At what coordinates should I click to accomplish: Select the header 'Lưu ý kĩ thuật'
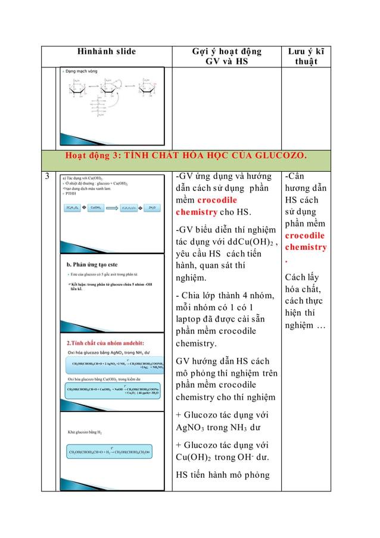(x=306, y=57)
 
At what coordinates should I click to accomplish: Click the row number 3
(x=46, y=177)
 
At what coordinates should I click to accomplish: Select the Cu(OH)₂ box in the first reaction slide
(x=96, y=208)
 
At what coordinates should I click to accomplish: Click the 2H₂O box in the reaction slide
(x=152, y=208)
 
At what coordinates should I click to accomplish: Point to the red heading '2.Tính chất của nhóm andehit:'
(x=107, y=343)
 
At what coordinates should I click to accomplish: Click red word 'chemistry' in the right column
(x=306, y=247)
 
